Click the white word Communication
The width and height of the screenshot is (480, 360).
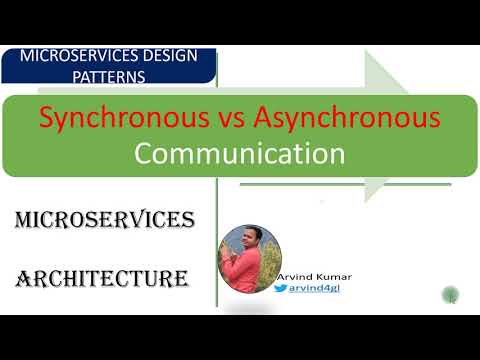pos(240,154)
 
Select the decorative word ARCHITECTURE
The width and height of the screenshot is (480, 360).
pos(103,277)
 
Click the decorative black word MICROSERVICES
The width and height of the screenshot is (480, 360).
pos(104,219)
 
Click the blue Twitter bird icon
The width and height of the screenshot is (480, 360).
pos(281,289)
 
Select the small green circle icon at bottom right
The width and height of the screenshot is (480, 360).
pos(452,295)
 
